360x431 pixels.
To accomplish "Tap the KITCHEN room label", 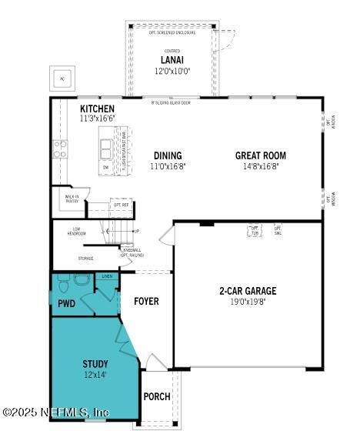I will (97, 109).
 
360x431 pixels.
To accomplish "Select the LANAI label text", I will (172, 60).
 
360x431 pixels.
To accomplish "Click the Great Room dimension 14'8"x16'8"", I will (260, 165).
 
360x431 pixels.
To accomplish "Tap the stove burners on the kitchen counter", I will (59, 149).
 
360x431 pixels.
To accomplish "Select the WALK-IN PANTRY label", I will (70, 200).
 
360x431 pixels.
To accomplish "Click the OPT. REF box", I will (122, 205).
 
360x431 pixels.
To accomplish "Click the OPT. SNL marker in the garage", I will (278, 229).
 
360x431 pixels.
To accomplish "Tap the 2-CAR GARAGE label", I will (248, 291).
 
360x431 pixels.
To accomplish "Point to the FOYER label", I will (146, 301).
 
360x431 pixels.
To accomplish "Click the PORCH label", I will (157, 397).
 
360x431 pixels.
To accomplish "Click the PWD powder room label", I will (66, 304).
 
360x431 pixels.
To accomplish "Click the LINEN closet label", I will (107, 276).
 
